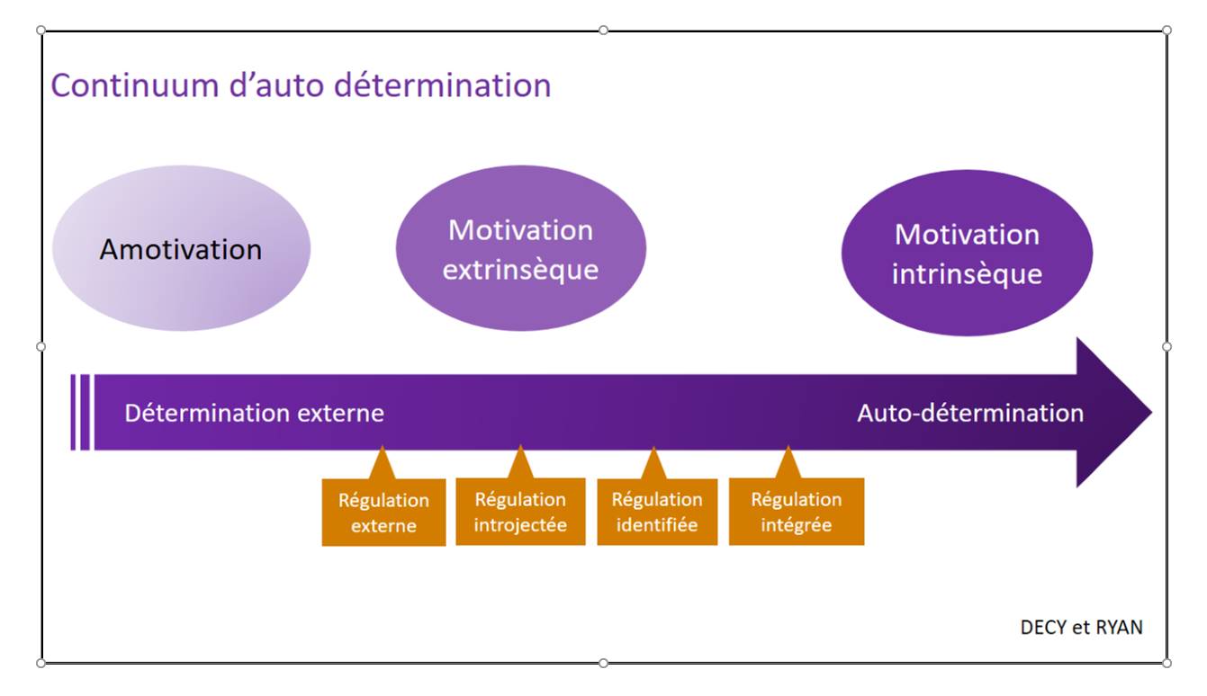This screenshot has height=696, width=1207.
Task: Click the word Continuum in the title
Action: click(135, 85)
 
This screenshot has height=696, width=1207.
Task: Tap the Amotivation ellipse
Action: click(181, 248)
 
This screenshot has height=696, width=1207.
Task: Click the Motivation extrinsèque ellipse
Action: click(521, 248)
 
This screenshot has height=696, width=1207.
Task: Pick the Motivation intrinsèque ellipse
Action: click(968, 253)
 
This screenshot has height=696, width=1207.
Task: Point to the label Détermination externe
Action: click(255, 414)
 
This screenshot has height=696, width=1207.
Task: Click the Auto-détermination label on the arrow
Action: click(970, 414)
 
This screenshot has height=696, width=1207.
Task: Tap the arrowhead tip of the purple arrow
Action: click(1151, 413)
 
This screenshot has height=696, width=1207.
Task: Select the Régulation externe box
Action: click(383, 512)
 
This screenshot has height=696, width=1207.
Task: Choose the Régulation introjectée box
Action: click(520, 512)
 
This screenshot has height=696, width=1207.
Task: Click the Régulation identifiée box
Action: click(657, 512)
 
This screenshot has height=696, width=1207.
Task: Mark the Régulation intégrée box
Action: click(797, 512)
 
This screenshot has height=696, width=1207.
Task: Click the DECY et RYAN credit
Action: click(1082, 627)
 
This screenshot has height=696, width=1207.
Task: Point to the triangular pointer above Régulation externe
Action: click(382, 464)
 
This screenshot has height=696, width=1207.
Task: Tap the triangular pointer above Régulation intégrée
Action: click(788, 463)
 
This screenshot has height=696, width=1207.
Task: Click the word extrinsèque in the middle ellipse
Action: click(520, 270)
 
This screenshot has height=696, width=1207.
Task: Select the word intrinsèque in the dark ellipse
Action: click(968, 274)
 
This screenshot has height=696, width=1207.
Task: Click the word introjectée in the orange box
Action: click(520, 525)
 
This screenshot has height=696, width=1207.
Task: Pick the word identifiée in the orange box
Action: click(657, 525)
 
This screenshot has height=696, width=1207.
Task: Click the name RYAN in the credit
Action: click(1119, 627)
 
